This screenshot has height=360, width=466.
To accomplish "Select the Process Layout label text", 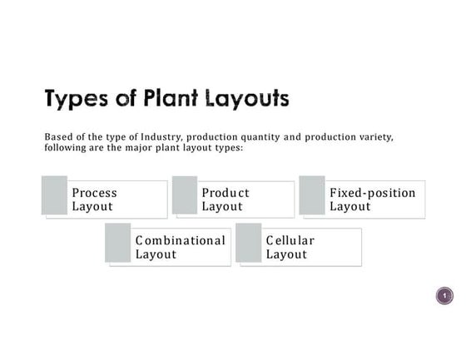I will (94, 200).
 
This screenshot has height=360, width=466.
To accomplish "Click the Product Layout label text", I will (225, 200).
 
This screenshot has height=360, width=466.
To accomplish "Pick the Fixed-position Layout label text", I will (372, 200).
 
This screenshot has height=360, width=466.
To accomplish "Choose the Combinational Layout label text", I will (180, 247).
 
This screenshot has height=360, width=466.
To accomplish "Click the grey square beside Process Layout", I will (54, 195).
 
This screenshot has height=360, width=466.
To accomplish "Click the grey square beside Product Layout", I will (185, 195).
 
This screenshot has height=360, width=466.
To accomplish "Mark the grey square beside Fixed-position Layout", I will (312, 195).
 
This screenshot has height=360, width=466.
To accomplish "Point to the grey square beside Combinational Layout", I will (118, 243).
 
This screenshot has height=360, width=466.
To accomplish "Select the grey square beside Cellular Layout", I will (249, 243).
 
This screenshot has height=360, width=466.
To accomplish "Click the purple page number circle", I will (445, 296).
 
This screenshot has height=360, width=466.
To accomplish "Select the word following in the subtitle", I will (67, 147).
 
